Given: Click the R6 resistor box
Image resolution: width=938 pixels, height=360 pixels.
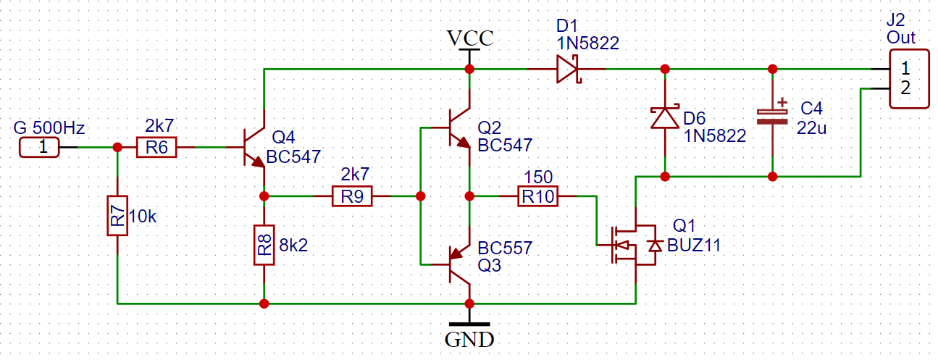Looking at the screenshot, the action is pos(156,147).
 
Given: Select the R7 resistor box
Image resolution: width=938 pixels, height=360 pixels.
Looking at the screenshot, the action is pos(117,216).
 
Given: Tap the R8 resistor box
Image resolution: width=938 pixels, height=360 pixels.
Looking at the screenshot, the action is pos(264,245).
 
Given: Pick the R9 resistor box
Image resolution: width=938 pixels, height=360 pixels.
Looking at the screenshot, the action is pos(352,196).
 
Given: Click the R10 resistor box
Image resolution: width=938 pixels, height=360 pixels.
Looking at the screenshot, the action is pos(538,196).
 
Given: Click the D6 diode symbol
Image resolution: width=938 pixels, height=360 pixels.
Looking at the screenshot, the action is pos(665,117).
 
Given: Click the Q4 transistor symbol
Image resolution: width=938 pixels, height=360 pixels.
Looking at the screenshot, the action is pos(254,147).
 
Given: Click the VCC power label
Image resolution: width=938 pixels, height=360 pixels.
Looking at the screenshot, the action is pos(470,38).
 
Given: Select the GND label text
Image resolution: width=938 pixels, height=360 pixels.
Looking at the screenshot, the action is pos(469,340).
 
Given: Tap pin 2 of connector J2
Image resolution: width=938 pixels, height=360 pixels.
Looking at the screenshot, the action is pos(905,88).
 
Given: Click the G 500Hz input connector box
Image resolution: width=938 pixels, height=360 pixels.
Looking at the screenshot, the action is pos(39,147).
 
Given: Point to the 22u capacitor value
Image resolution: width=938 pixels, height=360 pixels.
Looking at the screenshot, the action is pos(811,128).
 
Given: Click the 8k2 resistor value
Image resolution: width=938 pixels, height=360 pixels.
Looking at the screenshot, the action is pos(293,246).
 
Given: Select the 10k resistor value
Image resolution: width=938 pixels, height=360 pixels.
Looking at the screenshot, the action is pos(143,217).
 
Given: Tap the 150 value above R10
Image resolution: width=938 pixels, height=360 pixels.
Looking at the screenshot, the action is pos(538,177).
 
